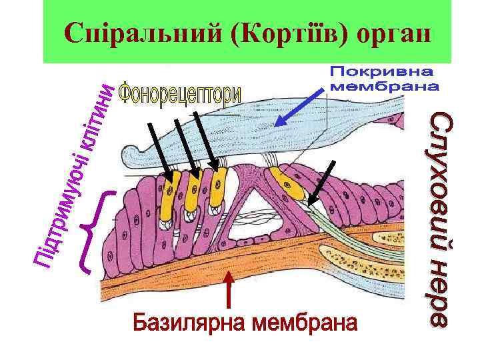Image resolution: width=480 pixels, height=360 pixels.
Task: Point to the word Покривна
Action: click(x=381, y=71)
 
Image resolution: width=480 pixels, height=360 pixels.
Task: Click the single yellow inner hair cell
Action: click(x=289, y=187)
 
